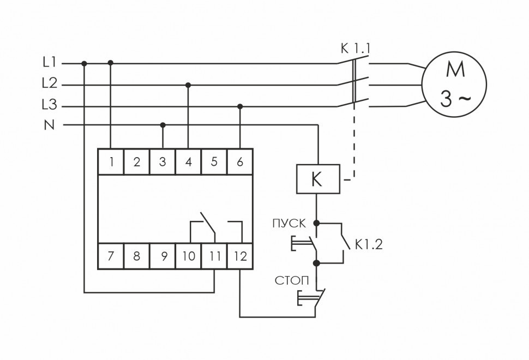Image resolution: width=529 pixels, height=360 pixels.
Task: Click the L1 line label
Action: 49,63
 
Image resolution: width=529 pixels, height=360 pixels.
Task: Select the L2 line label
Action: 49,83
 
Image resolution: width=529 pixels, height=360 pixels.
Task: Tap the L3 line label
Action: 49,105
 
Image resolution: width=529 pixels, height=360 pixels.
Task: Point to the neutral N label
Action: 50,125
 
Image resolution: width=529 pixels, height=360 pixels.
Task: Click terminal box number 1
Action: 111,161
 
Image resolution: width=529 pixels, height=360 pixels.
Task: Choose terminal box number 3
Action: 163,161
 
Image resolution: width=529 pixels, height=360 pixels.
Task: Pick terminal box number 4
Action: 188,161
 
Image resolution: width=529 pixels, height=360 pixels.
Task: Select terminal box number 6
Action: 240,161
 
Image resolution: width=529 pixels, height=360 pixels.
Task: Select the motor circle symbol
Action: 454,85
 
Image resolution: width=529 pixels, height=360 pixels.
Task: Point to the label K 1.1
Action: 355,49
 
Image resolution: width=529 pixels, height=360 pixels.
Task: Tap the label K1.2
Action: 369,244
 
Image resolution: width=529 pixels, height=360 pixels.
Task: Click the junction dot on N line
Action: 163,125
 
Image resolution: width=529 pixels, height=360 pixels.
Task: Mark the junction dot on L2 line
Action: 188,85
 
